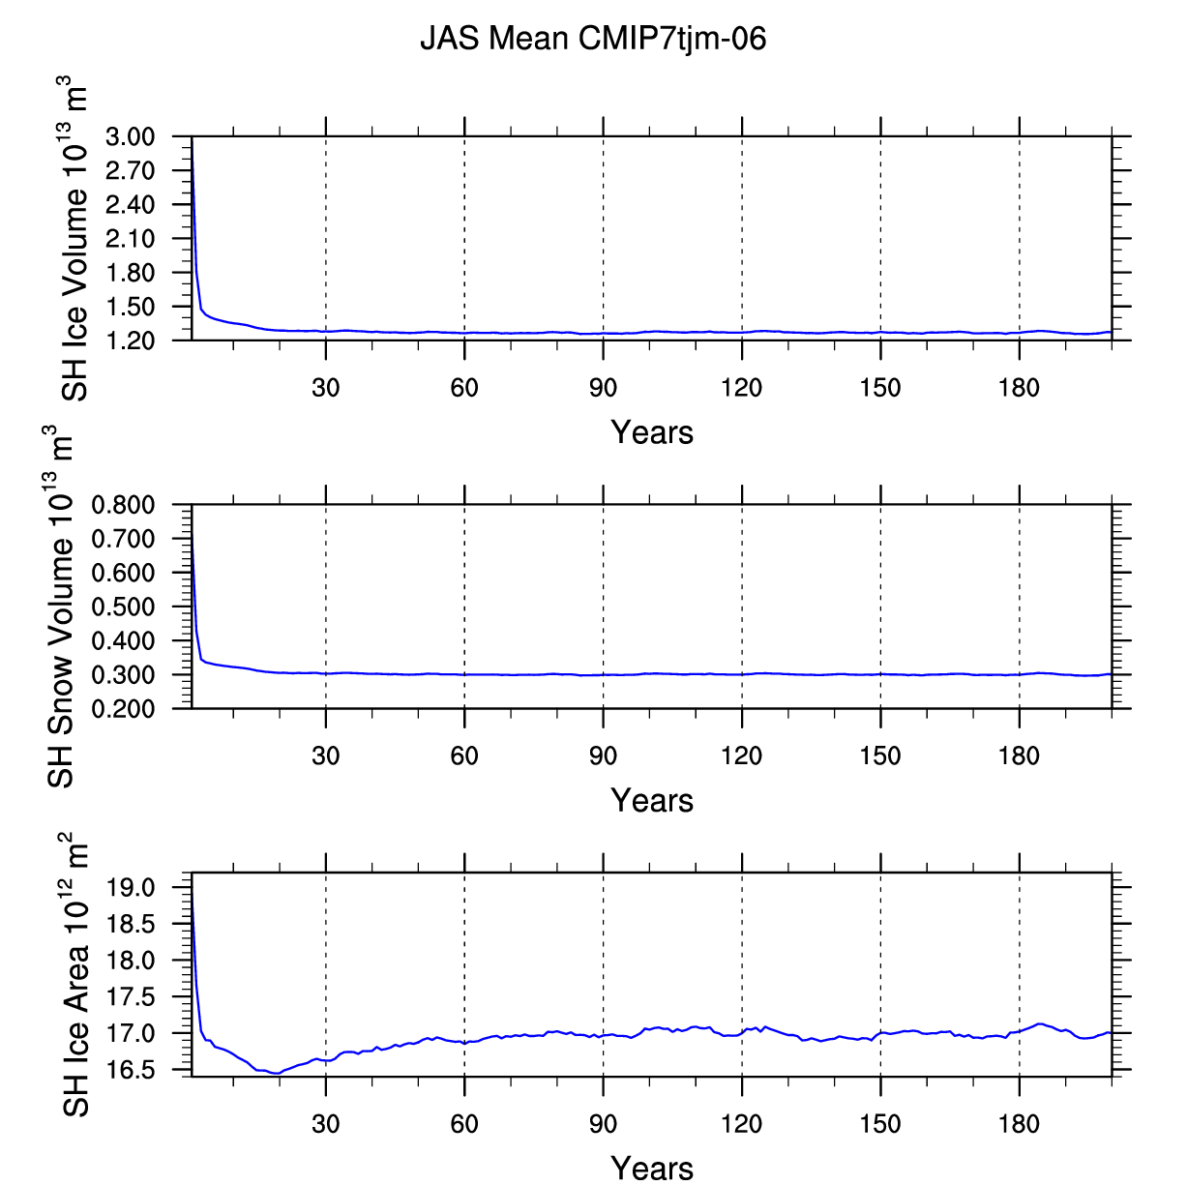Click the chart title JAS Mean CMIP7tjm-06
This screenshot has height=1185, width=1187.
593,39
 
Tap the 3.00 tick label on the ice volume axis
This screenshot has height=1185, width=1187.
130,136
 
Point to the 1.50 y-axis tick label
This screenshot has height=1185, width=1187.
130,307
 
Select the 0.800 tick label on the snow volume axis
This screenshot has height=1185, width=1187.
123,505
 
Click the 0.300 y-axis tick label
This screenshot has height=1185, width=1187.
123,675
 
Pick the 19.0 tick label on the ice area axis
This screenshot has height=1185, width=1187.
131,888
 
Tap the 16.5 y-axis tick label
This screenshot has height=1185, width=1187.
131,1071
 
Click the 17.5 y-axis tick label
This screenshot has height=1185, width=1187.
131,997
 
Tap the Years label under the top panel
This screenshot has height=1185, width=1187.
652,432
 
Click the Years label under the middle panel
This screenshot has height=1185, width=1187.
652,800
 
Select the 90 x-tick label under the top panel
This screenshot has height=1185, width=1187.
603,388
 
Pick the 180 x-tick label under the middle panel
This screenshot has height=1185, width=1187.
1020,755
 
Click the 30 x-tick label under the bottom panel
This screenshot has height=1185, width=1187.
326,1124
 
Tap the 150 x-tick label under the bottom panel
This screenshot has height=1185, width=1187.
881,1124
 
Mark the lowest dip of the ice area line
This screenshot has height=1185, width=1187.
278,1074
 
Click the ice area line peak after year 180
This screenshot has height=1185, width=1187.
1039,1024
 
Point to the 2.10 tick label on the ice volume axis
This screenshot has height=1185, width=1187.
130,239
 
